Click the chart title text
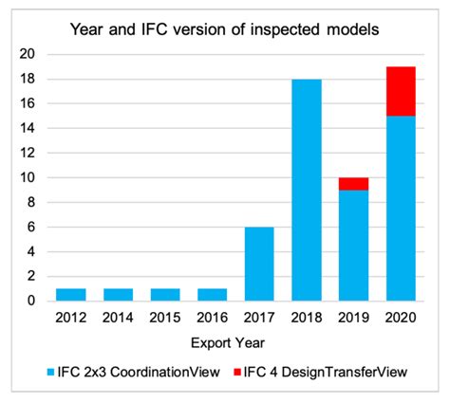tap(224, 28)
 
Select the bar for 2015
tap(165, 295)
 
